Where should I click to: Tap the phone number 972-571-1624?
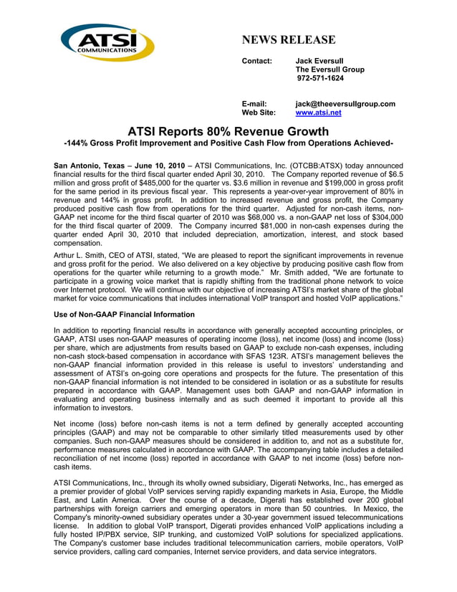[320, 79]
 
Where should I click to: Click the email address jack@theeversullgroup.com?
[345, 104]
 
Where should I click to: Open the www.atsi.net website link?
[318, 113]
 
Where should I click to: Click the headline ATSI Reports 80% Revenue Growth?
[228, 131]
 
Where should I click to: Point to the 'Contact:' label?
[256, 60]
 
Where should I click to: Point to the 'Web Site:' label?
[259, 113]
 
